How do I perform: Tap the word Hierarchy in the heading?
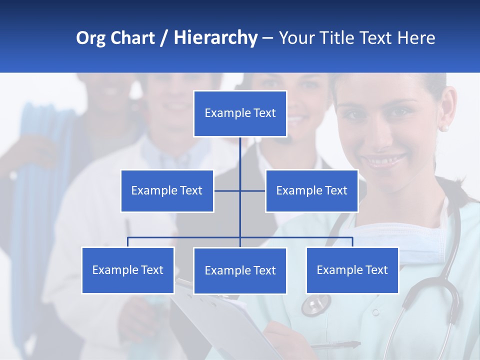215,38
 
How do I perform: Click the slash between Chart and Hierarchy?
164,38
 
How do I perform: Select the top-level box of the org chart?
240,113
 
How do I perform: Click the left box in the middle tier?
167,190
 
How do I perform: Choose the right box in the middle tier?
311,190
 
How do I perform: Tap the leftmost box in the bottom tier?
128,270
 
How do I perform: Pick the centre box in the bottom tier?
240,270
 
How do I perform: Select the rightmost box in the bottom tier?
352,270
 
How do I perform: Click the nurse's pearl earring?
443,128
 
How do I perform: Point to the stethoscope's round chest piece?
316,303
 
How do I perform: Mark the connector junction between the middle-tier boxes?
240,190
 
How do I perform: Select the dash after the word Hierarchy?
267,38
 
